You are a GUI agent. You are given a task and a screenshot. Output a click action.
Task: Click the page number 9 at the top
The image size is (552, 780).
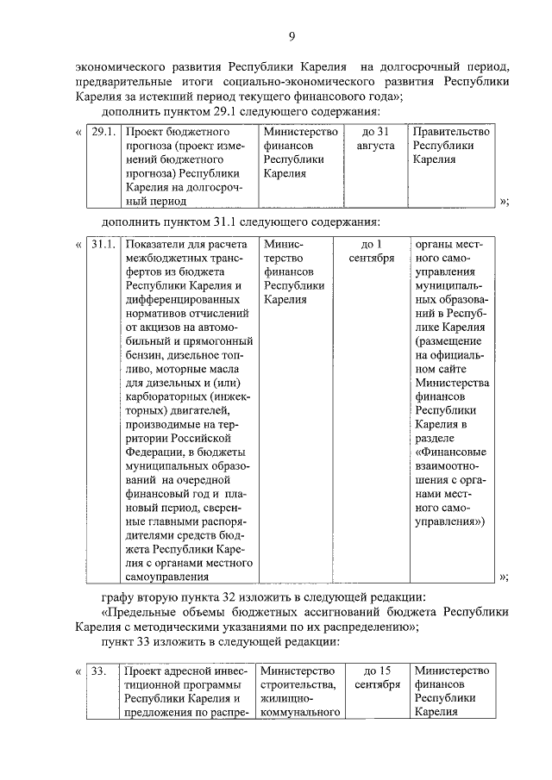tap(292, 35)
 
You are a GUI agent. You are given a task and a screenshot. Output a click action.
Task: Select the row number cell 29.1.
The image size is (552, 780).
tap(103, 132)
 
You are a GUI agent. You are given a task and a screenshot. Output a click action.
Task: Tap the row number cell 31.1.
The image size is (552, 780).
tap(103, 244)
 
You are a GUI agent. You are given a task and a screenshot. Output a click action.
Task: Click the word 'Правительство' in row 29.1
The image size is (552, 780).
tap(452, 132)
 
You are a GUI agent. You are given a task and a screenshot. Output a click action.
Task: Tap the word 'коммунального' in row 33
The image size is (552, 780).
tap(302, 712)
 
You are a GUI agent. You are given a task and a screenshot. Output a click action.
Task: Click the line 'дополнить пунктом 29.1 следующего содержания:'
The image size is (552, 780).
tap(240, 112)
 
